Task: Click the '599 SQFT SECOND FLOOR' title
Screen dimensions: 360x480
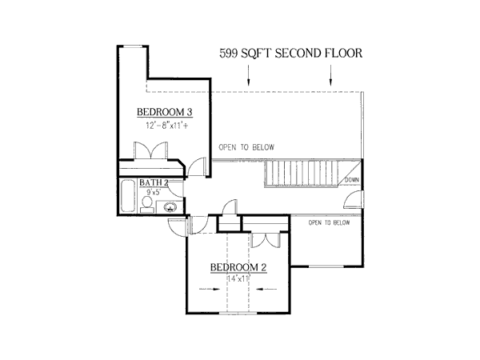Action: pos(291,54)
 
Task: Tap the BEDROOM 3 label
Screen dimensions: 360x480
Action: pos(164,112)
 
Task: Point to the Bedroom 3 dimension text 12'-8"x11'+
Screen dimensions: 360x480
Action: pos(166,126)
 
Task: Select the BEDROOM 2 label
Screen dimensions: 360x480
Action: pos(238,267)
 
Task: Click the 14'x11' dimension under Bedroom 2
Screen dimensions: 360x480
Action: pos(238,278)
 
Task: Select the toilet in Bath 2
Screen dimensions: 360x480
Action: pos(146,207)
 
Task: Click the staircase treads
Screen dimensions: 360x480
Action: pos(305,172)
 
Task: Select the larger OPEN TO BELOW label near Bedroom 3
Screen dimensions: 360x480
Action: pos(246,147)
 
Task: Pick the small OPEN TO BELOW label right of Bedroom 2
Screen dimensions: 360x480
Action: pos(330,222)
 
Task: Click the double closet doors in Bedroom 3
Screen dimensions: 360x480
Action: pos(151,151)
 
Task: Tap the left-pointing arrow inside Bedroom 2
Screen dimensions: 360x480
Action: pos(270,289)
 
